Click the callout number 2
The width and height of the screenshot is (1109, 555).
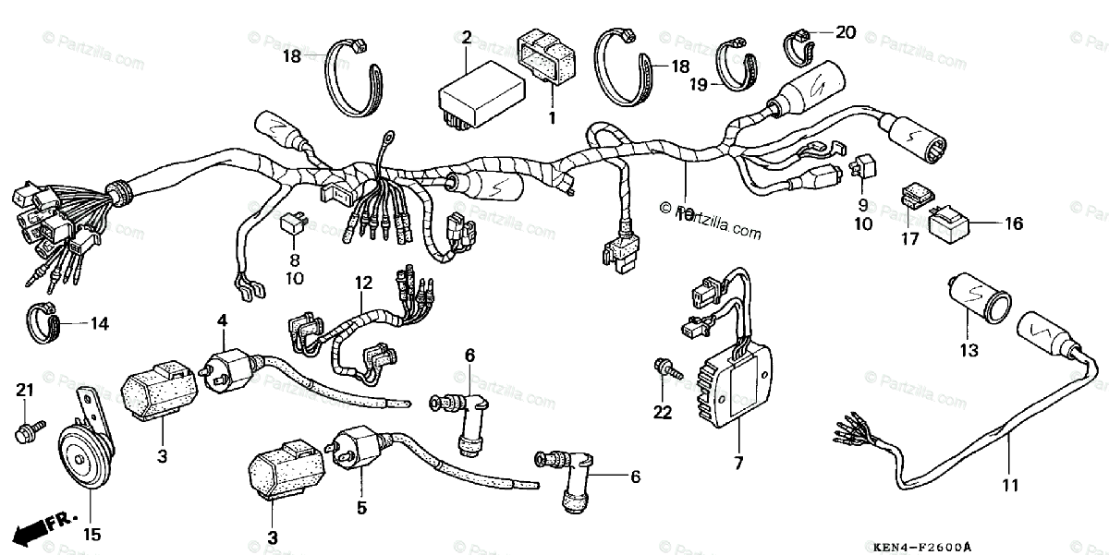[x=467, y=38]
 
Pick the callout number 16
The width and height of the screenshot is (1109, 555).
[x=1014, y=223]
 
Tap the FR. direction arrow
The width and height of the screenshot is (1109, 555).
[x=42, y=529]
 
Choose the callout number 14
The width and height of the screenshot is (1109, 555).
[x=98, y=323]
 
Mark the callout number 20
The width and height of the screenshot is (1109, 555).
[x=845, y=32]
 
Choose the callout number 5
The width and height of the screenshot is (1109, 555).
[x=362, y=507]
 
